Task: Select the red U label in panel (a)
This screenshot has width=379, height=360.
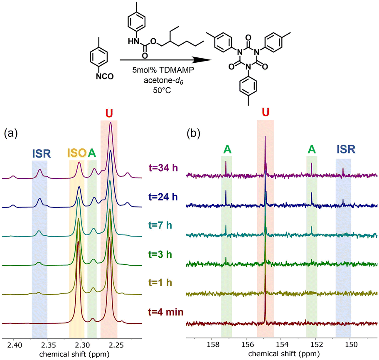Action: [109, 113]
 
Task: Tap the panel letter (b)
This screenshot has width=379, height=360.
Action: [194, 134]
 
